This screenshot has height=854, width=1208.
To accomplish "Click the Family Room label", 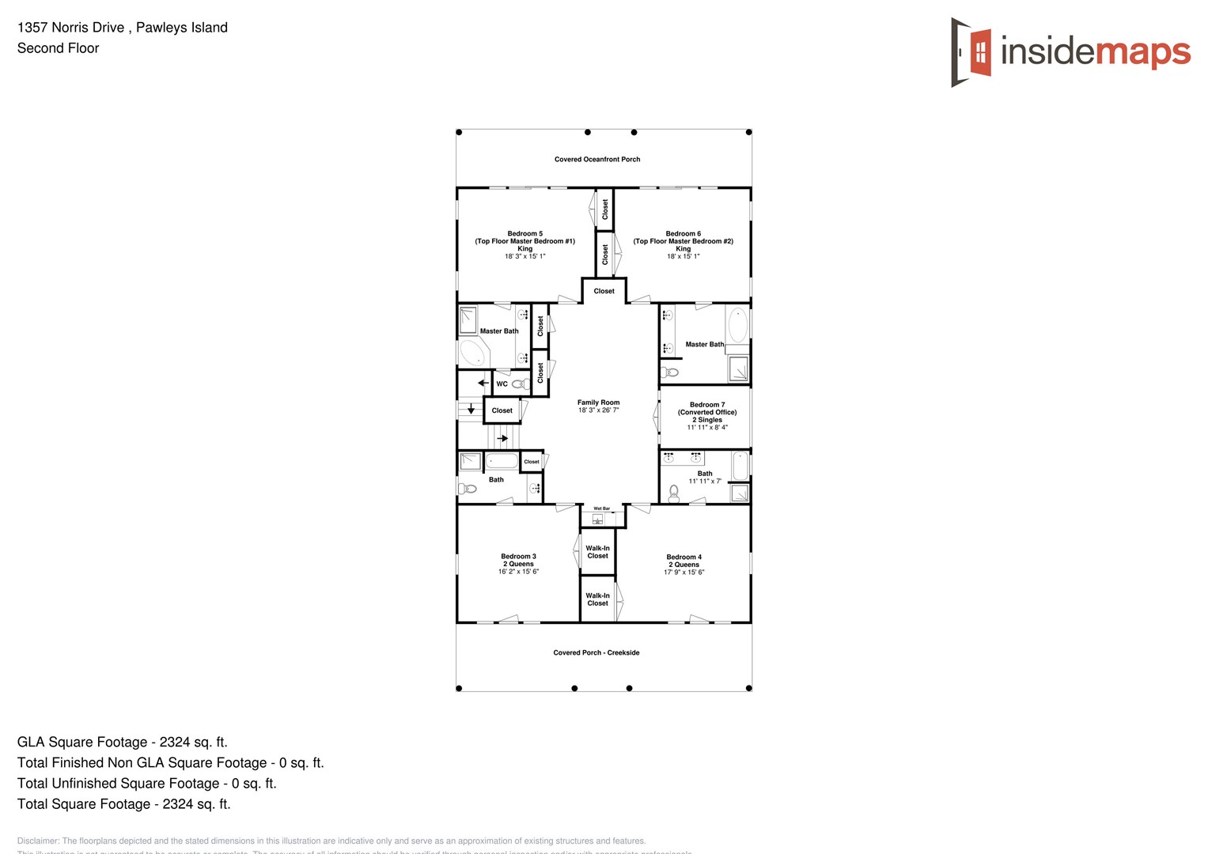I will (598, 402).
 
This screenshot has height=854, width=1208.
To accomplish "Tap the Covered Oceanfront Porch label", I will (597, 160).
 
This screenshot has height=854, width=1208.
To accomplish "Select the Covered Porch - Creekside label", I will (596, 653).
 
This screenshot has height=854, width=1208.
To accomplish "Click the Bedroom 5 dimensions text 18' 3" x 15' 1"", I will (525, 256).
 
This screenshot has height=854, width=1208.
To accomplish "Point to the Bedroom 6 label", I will (683, 234).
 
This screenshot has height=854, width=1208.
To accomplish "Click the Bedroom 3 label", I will (518, 557).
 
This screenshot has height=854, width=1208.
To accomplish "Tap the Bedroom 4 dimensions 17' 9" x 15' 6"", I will (684, 572).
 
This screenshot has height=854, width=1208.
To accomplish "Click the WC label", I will (502, 384).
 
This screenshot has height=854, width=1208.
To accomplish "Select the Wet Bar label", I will (602, 508).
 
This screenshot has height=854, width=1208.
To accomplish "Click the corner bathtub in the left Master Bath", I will (474, 353).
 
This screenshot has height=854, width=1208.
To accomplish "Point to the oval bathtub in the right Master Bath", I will (737, 325).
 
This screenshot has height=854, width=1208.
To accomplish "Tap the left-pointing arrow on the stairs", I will (483, 383).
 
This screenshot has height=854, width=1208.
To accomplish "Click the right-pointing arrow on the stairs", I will (502, 438).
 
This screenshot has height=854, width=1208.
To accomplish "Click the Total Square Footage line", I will (124, 804).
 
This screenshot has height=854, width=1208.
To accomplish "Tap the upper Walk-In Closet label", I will (597, 552).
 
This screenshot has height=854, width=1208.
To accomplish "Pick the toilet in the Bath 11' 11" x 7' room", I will (673, 494).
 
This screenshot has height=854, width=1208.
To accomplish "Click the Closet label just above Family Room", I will (604, 291).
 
